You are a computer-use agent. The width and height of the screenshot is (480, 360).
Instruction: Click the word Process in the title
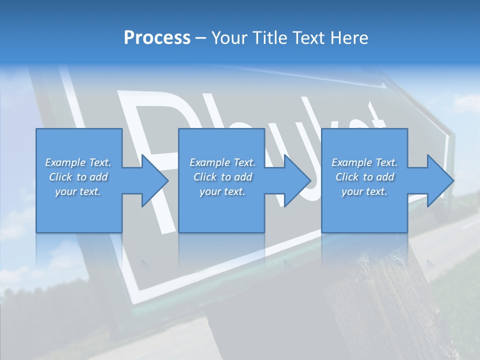pos(157,38)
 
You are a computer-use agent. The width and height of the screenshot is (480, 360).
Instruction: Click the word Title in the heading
pos(267,38)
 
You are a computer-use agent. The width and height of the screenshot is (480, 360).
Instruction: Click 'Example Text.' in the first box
pos(78,162)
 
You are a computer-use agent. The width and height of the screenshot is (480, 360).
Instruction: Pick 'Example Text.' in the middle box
pos(222,162)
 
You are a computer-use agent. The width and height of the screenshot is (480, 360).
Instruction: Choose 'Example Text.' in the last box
pos(364,162)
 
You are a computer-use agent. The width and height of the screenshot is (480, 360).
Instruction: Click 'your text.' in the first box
pos(78,191)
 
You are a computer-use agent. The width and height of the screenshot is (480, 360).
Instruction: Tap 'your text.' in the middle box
pos(222,191)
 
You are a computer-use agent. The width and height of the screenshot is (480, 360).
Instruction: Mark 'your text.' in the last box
pos(364,191)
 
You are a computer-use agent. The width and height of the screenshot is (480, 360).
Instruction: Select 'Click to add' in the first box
pos(78,177)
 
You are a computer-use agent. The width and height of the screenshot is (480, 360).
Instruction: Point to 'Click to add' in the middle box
pos(222,177)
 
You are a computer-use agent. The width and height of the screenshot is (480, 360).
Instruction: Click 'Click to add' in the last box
pos(364,177)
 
